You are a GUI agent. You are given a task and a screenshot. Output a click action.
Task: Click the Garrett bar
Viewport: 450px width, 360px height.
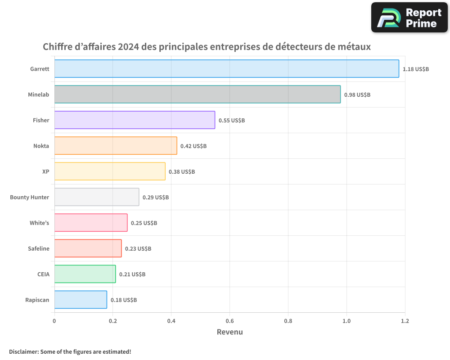click(226, 69)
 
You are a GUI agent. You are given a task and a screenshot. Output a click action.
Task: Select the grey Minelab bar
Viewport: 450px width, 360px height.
click(197, 94)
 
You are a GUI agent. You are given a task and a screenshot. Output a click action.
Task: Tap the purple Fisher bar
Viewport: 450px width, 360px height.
click(135, 120)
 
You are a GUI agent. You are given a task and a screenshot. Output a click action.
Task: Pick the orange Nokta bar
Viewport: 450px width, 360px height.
click(116, 146)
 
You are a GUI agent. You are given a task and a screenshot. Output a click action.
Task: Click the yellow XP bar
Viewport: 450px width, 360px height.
click(110, 171)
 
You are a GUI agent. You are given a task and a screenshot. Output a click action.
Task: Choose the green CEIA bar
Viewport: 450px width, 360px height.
click(85, 274)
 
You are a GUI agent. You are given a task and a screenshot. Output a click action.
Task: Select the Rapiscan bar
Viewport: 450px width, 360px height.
click(81, 300)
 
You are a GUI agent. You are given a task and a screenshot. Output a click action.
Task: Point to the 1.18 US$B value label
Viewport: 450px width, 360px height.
click(415, 69)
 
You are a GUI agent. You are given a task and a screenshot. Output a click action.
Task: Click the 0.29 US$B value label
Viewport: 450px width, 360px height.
click(155, 198)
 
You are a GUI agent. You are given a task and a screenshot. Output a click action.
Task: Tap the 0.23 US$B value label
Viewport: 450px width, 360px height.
click(138, 249)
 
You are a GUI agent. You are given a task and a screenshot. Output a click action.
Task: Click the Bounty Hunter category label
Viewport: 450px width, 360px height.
click(29, 197)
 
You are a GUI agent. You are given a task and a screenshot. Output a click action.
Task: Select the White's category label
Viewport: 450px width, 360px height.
click(39, 223)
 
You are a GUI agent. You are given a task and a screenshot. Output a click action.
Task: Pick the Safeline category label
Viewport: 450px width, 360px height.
click(38, 248)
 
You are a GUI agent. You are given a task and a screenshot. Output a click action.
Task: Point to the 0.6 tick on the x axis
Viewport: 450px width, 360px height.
click(229, 321)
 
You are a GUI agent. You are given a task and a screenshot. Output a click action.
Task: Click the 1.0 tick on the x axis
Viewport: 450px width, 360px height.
click(346, 321)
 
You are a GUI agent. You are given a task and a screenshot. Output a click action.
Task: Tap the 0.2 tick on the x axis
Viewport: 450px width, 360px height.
click(112, 321)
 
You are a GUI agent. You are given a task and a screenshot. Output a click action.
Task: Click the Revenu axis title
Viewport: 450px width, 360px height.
click(229, 332)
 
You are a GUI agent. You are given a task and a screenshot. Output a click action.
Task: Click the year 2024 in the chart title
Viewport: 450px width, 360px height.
click(128, 47)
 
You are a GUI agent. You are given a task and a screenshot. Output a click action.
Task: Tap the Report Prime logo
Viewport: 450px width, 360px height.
click(409, 18)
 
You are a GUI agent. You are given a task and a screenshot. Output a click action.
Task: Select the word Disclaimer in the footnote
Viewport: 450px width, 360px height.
click(23, 351)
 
